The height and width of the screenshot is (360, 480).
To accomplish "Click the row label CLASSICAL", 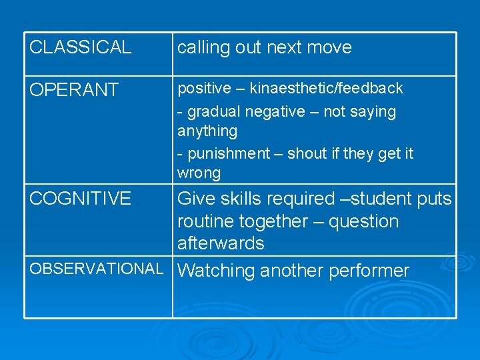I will pos(81,47).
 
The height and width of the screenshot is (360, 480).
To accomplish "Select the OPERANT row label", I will pos(74,90).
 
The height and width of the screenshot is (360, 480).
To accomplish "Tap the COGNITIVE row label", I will pos(81,198).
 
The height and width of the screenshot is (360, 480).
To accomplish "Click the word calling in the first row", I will pos(203,48).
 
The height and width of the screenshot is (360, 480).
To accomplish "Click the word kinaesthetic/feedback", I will pos(327,88).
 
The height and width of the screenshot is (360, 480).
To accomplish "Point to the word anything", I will pos(207,131).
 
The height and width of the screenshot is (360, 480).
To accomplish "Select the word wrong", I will pos(199,173).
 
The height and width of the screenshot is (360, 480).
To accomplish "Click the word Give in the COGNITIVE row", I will pos(197,199).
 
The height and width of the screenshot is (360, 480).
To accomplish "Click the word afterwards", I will pos(221,243).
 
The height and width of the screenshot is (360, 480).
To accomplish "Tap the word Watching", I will pos(217,271).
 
